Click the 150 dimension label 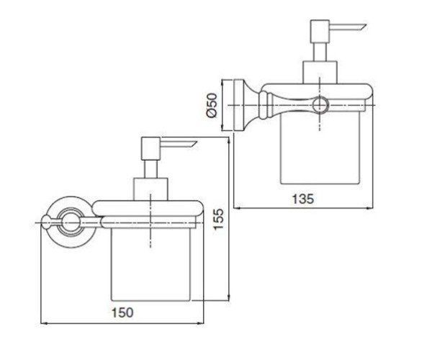(122, 312)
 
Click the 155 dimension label (219, 220)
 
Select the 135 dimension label (303, 199)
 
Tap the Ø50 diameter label (212, 105)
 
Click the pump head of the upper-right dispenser (320, 31)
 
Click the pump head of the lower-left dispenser (150, 148)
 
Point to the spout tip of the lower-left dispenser (197, 142)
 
